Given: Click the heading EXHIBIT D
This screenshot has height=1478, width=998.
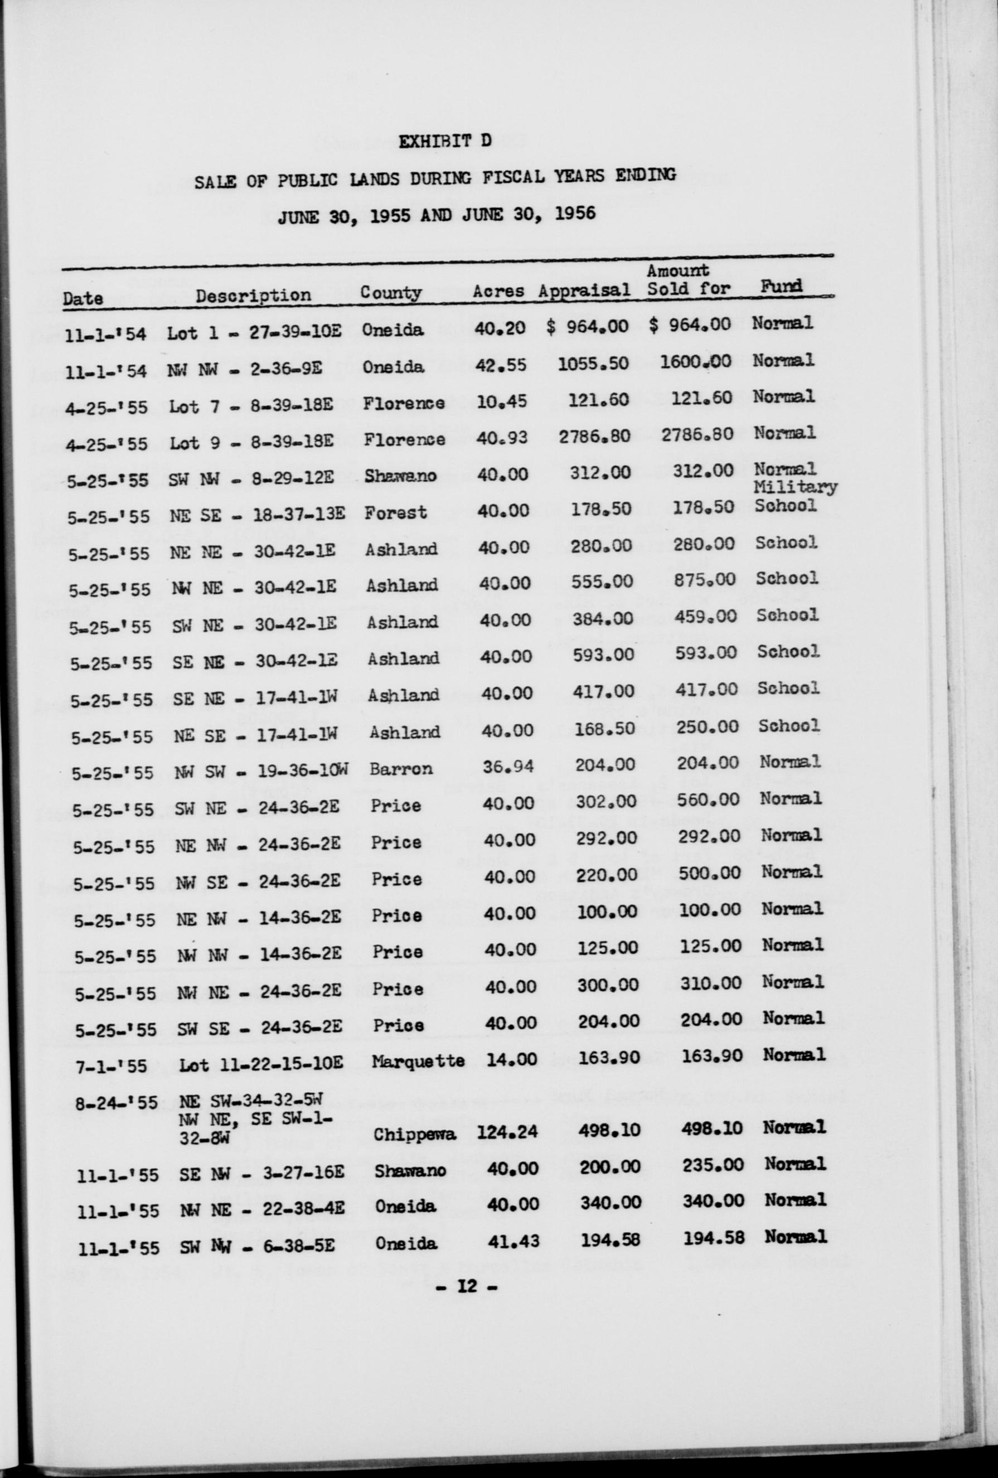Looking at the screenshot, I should coord(444,141).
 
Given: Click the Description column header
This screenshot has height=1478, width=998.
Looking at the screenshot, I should coord(253,295).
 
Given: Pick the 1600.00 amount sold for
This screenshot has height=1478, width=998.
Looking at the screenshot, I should coord(696,361).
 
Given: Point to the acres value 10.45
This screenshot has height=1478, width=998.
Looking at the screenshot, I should coord(501,401).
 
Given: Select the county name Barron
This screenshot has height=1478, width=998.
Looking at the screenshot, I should coord(401,768).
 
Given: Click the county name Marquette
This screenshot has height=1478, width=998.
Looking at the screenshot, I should coord(418,1062).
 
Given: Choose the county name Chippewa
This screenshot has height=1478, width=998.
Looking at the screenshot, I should coord(415,1135).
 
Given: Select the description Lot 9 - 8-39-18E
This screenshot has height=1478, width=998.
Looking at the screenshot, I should coord(250,441).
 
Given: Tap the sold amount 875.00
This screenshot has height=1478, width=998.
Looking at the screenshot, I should coord(704,579).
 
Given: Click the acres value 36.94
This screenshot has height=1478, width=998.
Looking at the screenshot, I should coord(507,768).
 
